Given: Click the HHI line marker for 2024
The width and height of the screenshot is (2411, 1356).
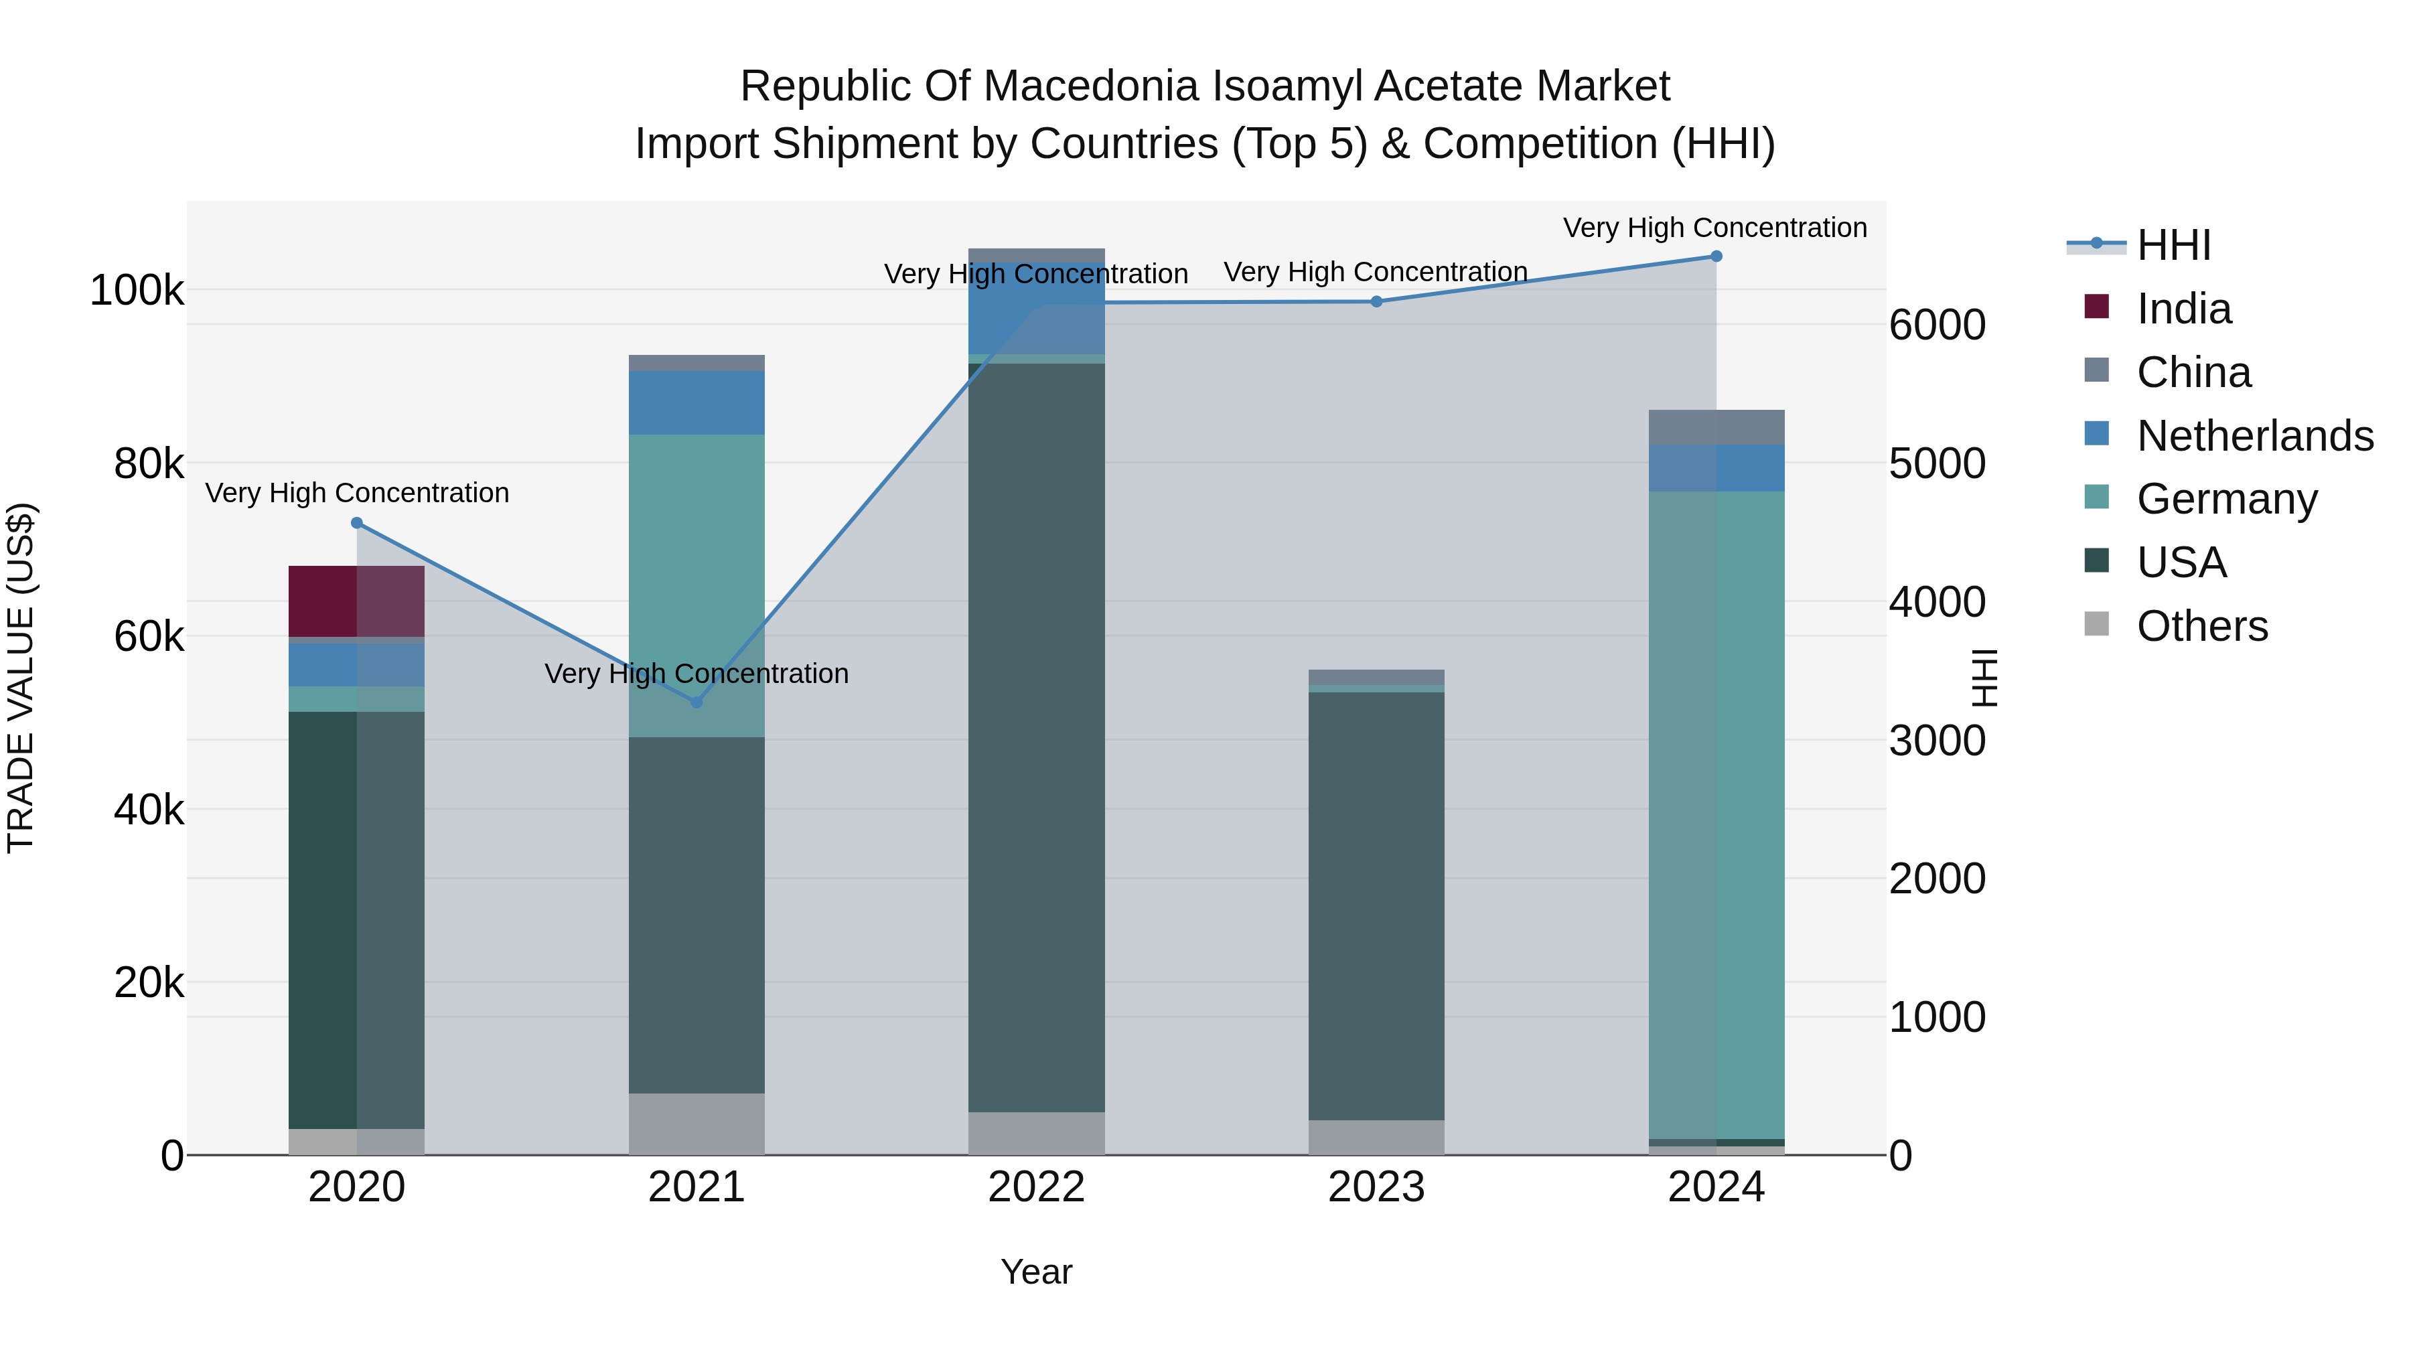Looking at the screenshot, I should click(x=1716, y=256).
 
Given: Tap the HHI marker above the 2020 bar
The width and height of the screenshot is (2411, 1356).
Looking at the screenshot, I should click(x=356, y=523).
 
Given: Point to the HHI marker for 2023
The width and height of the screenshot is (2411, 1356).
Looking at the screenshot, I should click(x=1376, y=301).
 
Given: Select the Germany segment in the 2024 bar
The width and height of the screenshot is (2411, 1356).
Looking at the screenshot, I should click(x=1716, y=814).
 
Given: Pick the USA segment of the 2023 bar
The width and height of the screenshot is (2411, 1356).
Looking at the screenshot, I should click(x=1376, y=906).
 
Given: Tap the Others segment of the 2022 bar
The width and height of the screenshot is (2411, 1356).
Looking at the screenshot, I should click(x=1036, y=1132).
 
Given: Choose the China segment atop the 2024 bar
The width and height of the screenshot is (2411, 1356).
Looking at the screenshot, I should click(x=1716, y=428).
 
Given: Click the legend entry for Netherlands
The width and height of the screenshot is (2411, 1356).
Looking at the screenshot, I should click(x=2255, y=436).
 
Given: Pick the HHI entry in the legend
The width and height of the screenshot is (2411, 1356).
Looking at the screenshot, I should click(x=2173, y=245).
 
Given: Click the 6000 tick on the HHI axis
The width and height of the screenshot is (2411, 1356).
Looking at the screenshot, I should click(x=1936, y=325).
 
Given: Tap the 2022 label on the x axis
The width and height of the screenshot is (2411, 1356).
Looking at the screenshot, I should click(x=1036, y=1187).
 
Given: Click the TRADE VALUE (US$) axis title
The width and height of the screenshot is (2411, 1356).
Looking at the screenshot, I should click(x=21, y=678).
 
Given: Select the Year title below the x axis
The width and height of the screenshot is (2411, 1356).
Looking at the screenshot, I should click(x=1036, y=1272).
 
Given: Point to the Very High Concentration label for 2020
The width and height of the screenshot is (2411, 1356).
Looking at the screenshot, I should click(x=356, y=493).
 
